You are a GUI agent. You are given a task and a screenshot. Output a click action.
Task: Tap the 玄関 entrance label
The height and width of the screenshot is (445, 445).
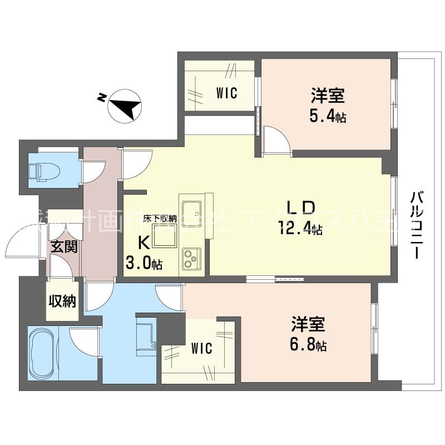[x=62, y=246]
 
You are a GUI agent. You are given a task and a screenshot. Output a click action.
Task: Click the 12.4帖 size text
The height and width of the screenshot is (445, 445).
[x=300, y=228]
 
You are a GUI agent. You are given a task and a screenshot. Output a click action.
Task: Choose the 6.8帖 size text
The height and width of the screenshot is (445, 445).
[x=306, y=346]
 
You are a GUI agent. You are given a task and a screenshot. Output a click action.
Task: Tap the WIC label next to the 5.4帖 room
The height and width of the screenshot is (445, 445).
[x=226, y=93]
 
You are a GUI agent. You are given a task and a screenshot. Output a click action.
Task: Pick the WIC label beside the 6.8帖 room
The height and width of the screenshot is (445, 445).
[x=201, y=349]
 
